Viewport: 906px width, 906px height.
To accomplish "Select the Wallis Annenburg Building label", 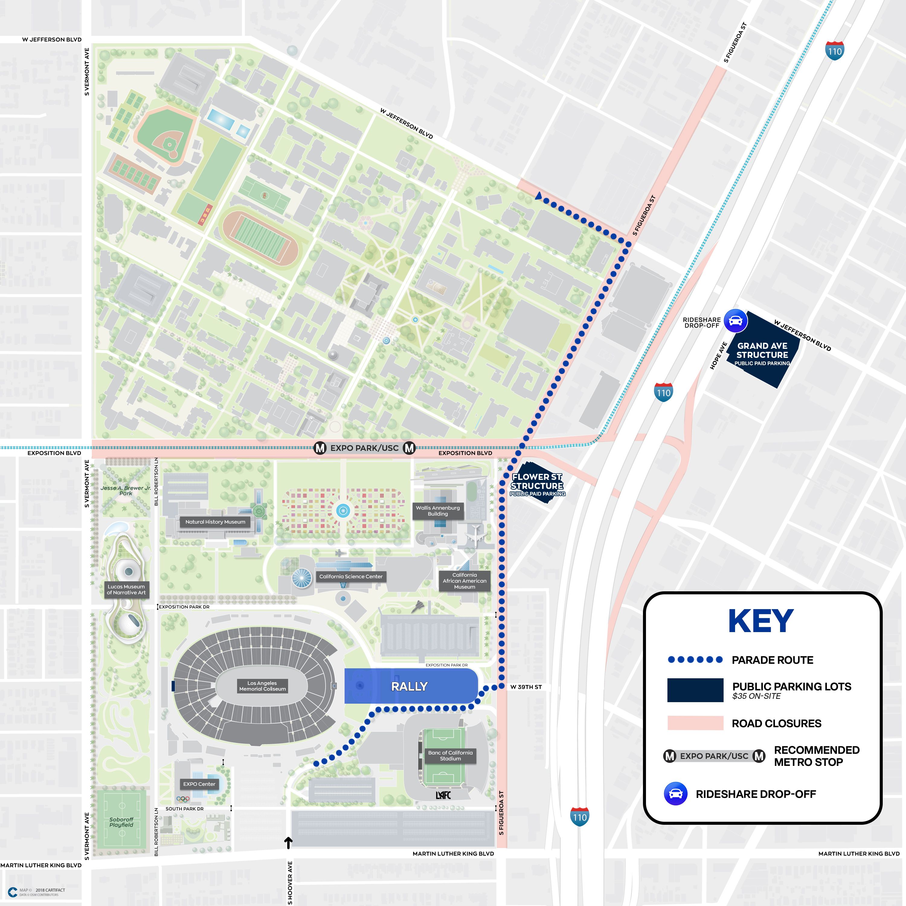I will (x=438, y=511).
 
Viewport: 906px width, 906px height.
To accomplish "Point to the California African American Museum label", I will (x=464, y=580).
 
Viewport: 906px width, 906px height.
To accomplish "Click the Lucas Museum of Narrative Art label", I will (x=126, y=590).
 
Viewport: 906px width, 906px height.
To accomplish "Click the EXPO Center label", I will (x=199, y=784).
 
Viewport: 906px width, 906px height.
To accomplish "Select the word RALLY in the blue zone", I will (x=410, y=686).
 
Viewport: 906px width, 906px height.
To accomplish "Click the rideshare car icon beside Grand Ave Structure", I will (x=736, y=321).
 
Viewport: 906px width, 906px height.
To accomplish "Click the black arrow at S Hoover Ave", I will (x=288, y=843).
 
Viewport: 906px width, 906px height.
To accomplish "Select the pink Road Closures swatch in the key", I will (x=695, y=723).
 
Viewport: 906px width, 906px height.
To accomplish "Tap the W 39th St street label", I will (x=526, y=687).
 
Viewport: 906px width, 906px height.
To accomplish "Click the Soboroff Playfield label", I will (x=121, y=822).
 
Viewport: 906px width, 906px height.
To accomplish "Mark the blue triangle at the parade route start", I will (x=539, y=196).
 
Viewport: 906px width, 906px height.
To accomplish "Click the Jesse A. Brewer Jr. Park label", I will (x=126, y=490).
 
